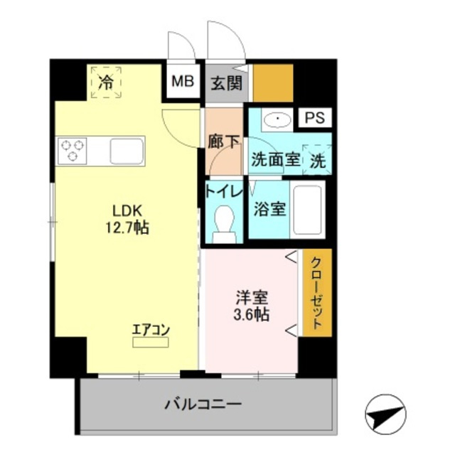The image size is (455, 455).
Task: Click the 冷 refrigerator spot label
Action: [106, 82]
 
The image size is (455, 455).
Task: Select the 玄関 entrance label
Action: [225, 82]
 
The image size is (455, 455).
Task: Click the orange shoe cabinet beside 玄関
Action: [274, 82]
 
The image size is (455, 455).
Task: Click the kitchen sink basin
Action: [127, 151]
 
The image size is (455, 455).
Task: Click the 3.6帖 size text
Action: [250, 314]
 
